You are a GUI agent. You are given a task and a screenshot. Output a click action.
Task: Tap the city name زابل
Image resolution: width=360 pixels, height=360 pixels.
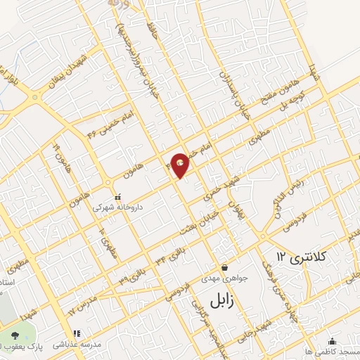click(x=224, y=302)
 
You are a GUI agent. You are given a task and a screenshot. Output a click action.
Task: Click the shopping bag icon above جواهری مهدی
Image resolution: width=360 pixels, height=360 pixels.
click(x=224, y=267)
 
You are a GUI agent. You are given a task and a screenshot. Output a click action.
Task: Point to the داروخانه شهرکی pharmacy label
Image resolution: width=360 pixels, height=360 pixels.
click(x=117, y=208)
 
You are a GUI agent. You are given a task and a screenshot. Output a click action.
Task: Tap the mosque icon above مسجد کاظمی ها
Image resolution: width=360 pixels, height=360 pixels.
click(x=331, y=341)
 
